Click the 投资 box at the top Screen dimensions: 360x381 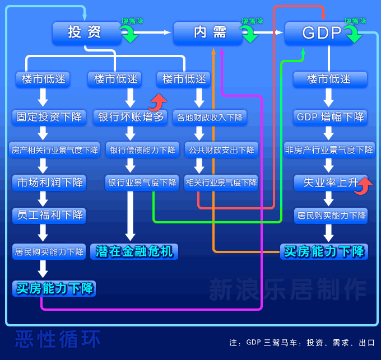(x=85, y=32)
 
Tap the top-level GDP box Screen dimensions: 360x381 (x=321, y=33)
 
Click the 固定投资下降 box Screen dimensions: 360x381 (x=49, y=117)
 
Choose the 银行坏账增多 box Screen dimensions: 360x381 (x=129, y=117)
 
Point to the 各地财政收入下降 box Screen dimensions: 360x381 (x=210, y=117)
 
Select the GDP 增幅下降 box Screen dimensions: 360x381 (x=329, y=117)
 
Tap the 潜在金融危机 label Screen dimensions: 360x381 (x=134, y=251)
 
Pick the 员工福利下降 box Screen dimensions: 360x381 (x=49, y=214)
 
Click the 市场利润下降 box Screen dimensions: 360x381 (x=49, y=182)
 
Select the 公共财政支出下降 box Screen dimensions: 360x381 (x=221, y=149)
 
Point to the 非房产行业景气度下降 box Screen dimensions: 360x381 (x=329, y=149)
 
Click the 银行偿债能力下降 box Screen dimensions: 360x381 (x=142, y=149)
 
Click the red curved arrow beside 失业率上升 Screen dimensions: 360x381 (x=364, y=185)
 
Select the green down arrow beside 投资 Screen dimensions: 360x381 (x=131, y=36)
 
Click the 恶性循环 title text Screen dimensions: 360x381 (x=57, y=339)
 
